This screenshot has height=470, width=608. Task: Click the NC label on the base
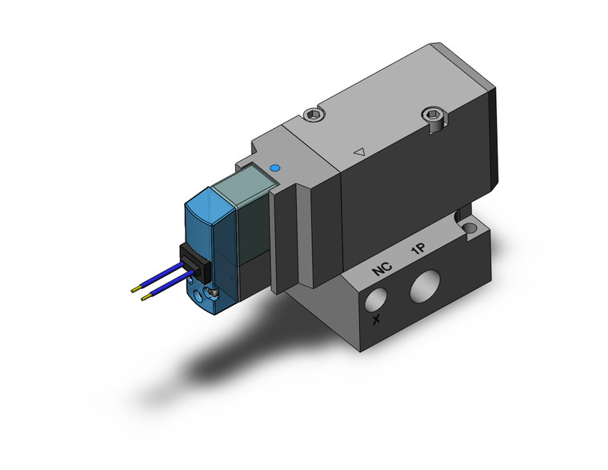tap(381, 271)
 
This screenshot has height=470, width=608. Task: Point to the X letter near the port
tap(377, 321)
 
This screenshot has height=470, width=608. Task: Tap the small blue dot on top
tap(276, 168)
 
